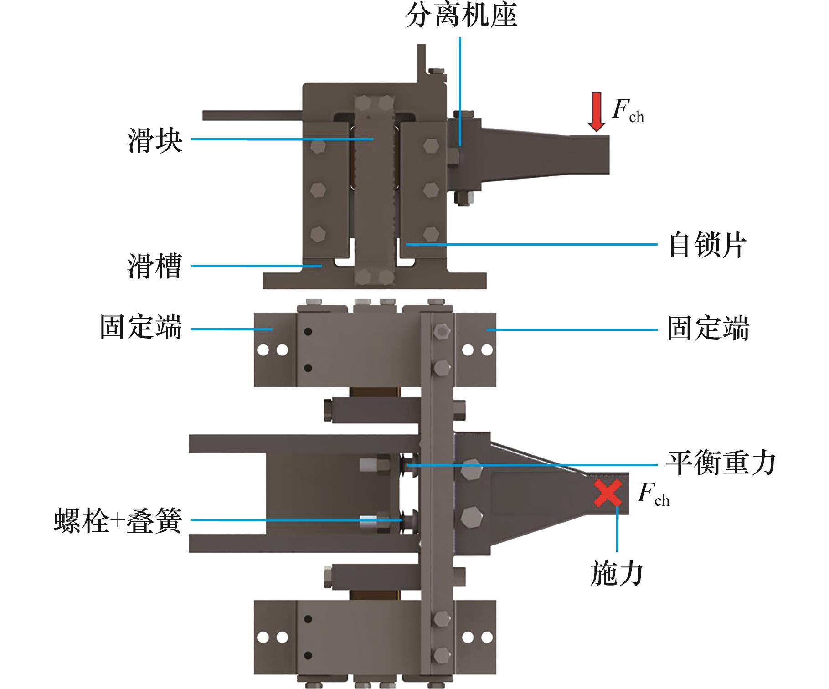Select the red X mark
tap(608, 493)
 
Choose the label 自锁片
tap(707, 246)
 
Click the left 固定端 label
tap(141, 328)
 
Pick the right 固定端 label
tap(708, 329)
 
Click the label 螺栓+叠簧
tap(118, 520)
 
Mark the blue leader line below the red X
tap(618, 529)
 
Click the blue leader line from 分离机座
tap(460, 91)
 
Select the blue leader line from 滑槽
tap(255, 266)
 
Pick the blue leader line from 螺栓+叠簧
tap(296, 520)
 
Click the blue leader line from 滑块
tap(283, 139)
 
